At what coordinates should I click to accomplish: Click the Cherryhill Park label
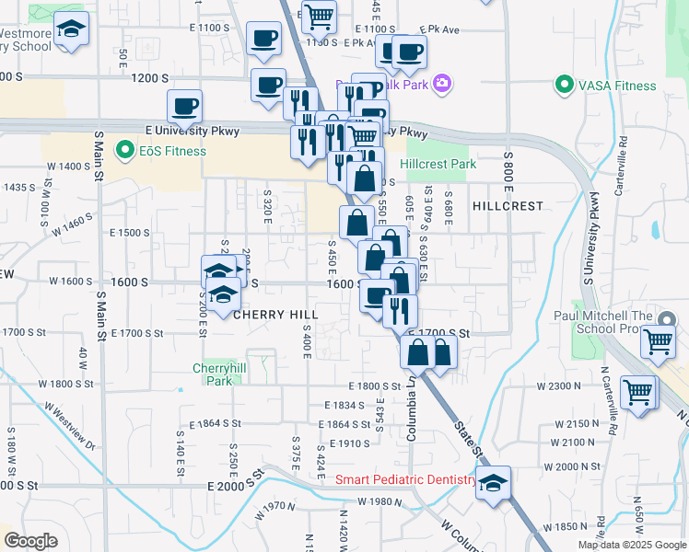click(x=217, y=374)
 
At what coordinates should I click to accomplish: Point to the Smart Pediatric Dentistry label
click(x=405, y=479)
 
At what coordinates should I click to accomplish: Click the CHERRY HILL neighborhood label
click(x=275, y=315)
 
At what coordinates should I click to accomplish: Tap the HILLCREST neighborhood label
click(x=508, y=206)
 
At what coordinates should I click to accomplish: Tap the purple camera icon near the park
click(x=442, y=84)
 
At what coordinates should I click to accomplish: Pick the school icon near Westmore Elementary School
click(x=71, y=30)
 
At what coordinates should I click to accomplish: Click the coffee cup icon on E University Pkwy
click(x=184, y=107)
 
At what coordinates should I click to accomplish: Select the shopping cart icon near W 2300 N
click(x=638, y=392)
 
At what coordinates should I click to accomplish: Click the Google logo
click(x=30, y=541)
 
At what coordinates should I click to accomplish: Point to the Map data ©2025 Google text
click(x=632, y=545)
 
